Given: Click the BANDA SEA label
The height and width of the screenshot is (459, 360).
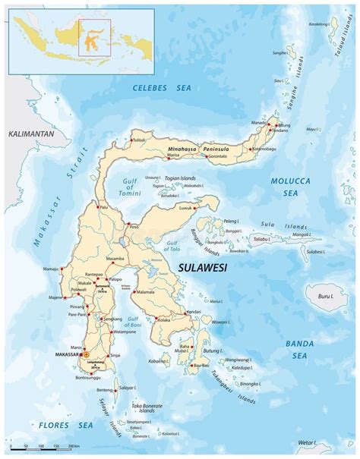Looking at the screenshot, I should click(x=299, y=349).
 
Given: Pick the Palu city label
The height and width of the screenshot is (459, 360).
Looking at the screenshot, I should click(x=103, y=206).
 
